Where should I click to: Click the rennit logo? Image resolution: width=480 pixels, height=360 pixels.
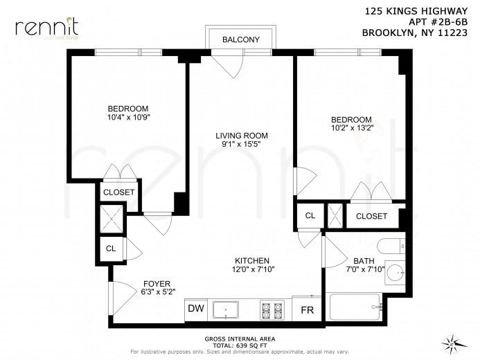46,28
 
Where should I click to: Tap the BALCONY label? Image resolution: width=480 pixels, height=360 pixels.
240,39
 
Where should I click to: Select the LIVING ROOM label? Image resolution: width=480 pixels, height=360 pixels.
240,135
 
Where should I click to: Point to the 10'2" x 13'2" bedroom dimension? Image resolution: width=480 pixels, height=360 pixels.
351,129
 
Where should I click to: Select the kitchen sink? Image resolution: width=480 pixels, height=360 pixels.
226,309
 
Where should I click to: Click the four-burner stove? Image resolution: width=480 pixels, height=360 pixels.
271,309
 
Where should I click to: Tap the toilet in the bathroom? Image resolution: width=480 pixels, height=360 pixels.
391,245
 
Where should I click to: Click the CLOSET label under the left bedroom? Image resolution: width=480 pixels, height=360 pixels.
118,192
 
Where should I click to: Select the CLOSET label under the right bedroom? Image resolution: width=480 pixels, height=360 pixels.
371,216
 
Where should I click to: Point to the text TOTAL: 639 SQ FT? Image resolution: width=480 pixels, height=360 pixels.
240,344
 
